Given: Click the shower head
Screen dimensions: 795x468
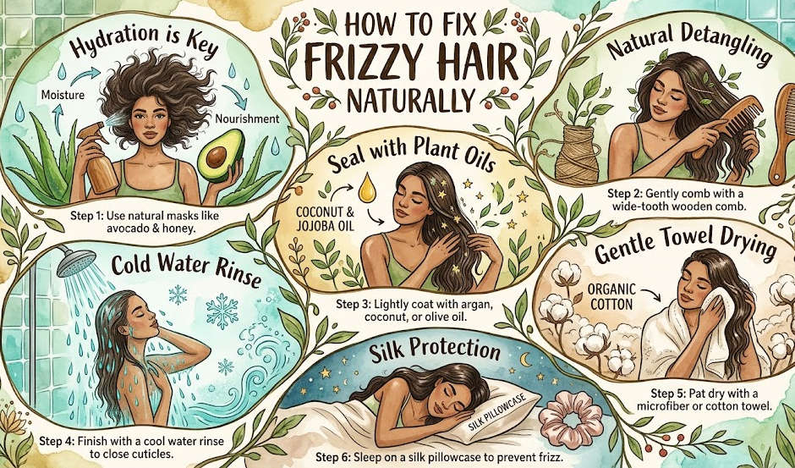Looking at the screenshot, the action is pos(76,262).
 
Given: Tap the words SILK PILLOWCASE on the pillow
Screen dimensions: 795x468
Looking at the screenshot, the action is pos(497,410).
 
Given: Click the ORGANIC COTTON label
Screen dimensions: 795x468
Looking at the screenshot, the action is pos(611,297).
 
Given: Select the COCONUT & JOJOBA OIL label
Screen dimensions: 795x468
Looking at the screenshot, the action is pos(320,218).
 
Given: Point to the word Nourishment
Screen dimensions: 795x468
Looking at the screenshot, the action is pos(247,119).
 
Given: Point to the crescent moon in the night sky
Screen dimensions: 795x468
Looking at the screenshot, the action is pos(524,360).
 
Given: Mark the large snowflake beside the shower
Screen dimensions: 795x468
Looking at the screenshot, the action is pos(222,311).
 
